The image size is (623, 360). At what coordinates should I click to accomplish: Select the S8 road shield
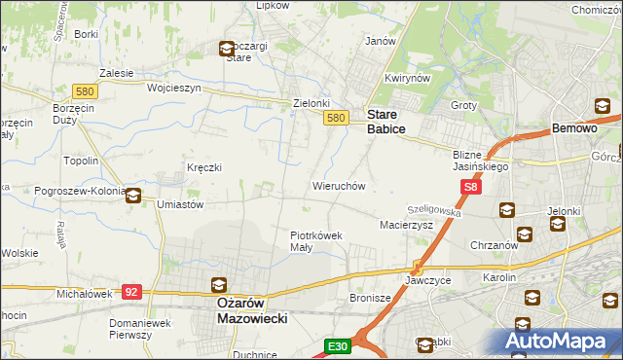pyautogui.click(x=471, y=187)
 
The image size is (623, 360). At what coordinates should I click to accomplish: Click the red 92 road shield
pyautogui.click(x=133, y=291)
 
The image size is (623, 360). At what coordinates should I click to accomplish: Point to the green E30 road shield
pyautogui.click(x=337, y=345)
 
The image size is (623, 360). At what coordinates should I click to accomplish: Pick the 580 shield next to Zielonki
pyautogui.click(x=335, y=117)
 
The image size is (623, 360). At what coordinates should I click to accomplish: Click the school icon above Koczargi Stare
pyautogui.click(x=226, y=48)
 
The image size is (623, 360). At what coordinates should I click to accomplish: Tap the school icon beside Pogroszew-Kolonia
pyautogui.click(x=133, y=195)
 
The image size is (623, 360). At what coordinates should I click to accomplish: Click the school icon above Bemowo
pyautogui.click(x=602, y=107)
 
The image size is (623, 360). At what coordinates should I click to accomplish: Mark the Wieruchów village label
pyautogui.click(x=338, y=185)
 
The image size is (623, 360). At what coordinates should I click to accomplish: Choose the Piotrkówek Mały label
pyautogui.click(x=316, y=240)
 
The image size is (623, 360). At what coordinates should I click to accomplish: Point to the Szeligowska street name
pyautogui.click(x=434, y=208)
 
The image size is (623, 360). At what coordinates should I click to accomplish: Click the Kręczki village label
pyautogui.click(x=204, y=167)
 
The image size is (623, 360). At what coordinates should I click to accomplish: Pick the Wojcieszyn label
pyautogui.click(x=173, y=87)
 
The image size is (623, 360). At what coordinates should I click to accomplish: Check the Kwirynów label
pyautogui.click(x=407, y=78)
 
